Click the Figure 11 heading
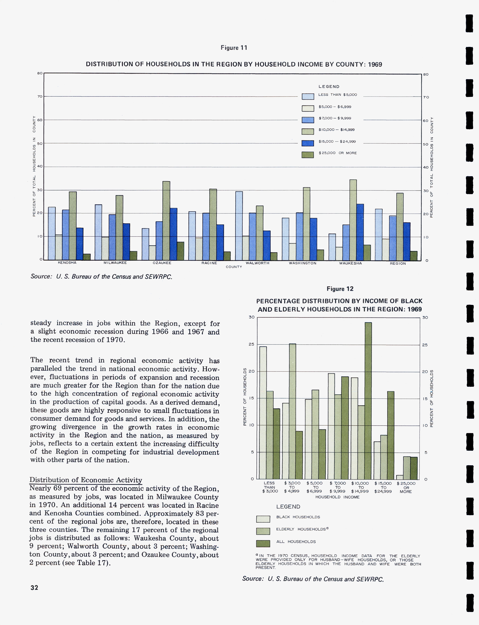[234, 48]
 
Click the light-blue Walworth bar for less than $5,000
[239, 225]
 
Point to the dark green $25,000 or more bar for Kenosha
[87, 257]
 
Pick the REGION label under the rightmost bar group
[398, 263]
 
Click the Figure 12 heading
[340, 289]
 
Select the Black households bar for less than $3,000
[263, 413]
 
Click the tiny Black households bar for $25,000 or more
[400, 477]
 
